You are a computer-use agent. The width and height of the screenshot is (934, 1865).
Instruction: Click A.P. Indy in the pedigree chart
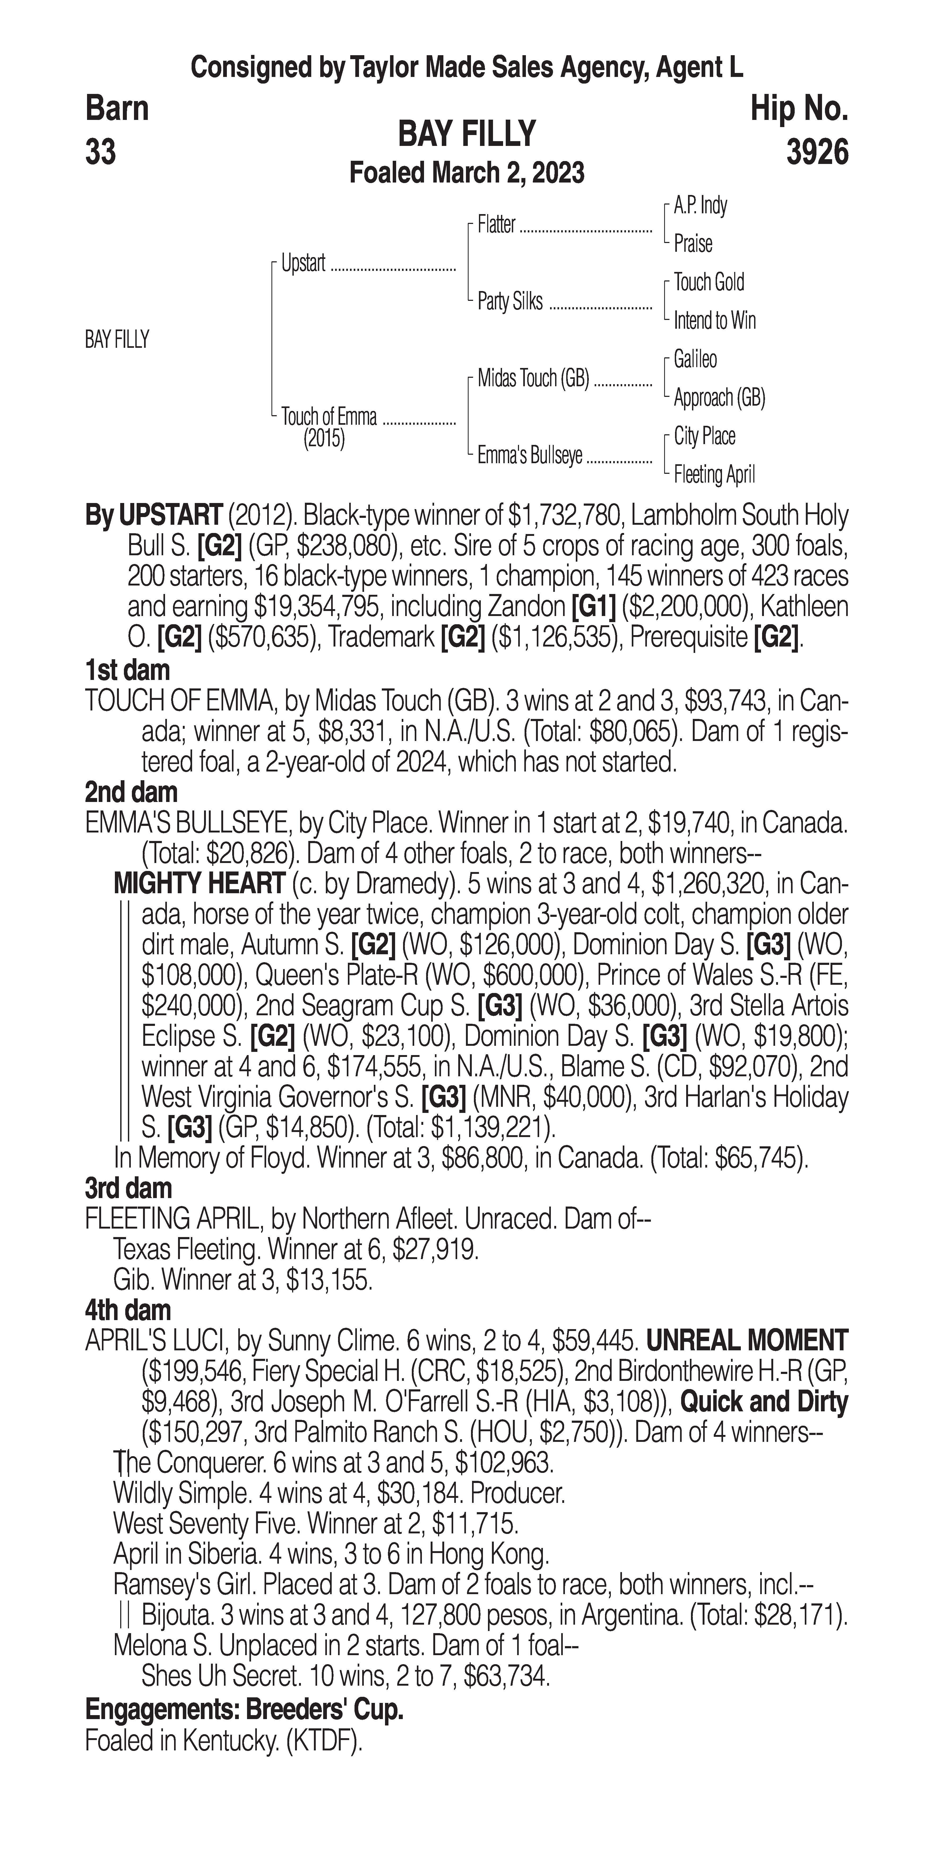(x=700, y=206)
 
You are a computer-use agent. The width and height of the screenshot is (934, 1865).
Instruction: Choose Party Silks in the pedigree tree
(x=510, y=301)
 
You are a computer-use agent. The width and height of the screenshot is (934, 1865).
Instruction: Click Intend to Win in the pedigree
(x=715, y=320)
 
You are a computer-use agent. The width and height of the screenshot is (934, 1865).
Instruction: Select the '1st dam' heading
(x=127, y=670)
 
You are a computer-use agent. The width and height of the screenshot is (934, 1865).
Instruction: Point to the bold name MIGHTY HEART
(x=199, y=883)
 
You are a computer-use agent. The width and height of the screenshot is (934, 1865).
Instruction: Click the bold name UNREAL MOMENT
(x=746, y=1340)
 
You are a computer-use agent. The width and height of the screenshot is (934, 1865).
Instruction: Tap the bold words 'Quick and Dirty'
(x=764, y=1402)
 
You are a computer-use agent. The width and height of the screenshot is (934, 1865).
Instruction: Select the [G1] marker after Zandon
(x=594, y=607)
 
